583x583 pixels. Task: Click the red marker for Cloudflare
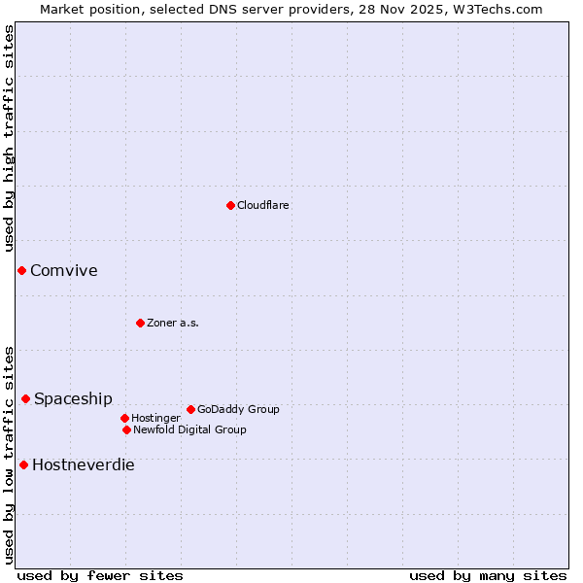(230, 205)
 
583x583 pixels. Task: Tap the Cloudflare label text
(263, 205)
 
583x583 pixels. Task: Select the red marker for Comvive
(21, 270)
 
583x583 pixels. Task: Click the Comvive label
(64, 270)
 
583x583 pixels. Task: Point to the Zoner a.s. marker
(140, 323)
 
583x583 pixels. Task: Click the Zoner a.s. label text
(173, 323)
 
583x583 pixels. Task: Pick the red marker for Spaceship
(25, 398)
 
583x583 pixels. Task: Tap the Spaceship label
(73, 398)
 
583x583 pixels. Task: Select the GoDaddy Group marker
(190, 409)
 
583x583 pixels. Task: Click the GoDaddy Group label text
(238, 409)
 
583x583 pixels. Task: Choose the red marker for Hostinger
(124, 418)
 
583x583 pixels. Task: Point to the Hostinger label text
(155, 418)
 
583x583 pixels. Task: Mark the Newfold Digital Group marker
(126, 429)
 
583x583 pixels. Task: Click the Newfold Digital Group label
(189, 429)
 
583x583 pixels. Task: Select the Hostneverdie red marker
(23, 464)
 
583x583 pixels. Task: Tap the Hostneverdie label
(84, 464)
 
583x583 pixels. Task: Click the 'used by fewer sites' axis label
(100, 575)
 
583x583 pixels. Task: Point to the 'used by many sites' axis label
(488, 575)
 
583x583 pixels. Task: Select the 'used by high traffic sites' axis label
(9, 138)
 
